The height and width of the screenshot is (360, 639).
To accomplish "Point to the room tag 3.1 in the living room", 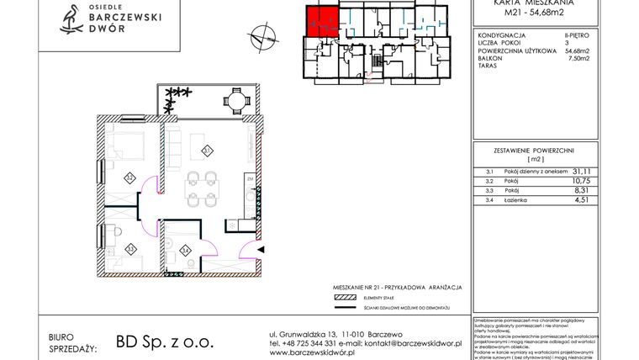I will click(x=206, y=151).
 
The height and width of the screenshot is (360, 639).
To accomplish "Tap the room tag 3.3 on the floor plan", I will click(x=129, y=247).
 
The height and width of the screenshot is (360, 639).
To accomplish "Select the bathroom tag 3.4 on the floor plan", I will click(x=184, y=249).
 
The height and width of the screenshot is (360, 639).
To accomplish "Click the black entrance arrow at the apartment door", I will click(x=261, y=250).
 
